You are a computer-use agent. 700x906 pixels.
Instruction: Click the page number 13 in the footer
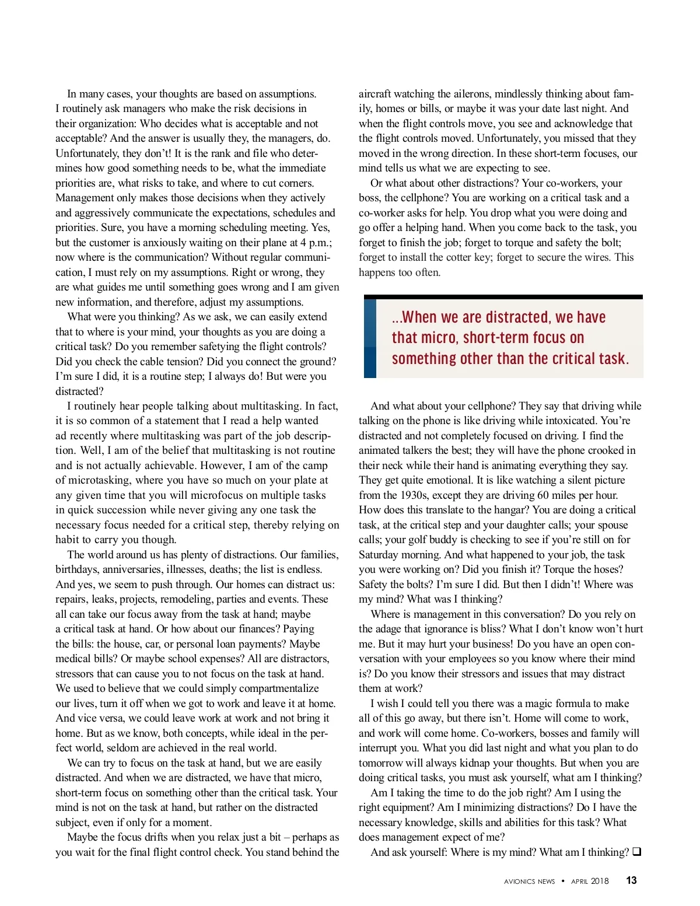tap(632, 881)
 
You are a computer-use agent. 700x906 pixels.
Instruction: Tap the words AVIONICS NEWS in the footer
tap(529, 881)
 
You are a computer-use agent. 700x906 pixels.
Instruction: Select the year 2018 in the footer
tap(599, 881)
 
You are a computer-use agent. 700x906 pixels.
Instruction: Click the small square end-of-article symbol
tap(637, 852)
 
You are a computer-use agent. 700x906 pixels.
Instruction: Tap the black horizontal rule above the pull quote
tap(503, 297)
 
